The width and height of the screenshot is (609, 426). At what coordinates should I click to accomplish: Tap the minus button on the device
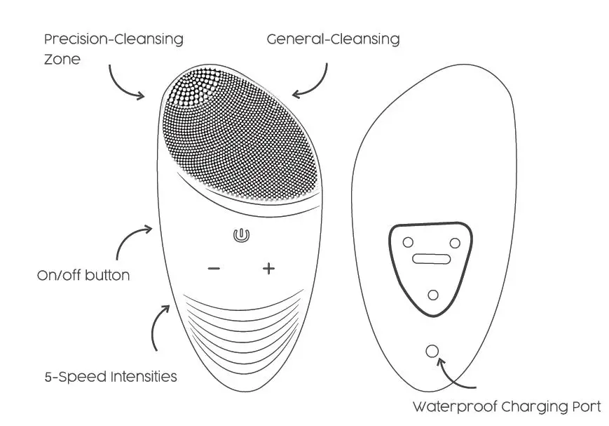pos(214,269)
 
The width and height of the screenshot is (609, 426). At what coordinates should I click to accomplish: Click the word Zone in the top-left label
pos(62,59)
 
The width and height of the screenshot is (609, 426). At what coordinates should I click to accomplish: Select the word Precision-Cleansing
pos(113,39)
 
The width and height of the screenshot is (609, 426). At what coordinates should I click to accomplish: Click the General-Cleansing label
pos(333,39)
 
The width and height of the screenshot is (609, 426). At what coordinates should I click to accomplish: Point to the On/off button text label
pos(83,275)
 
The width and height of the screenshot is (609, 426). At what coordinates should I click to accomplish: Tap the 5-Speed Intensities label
pos(111,376)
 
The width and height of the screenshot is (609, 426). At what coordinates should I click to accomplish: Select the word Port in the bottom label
pos(585,406)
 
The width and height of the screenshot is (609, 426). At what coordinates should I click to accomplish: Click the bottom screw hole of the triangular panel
pos(433,294)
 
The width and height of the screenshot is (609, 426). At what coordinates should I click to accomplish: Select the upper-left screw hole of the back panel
pos(407,242)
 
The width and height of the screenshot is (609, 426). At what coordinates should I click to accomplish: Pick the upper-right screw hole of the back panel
pos(454,243)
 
